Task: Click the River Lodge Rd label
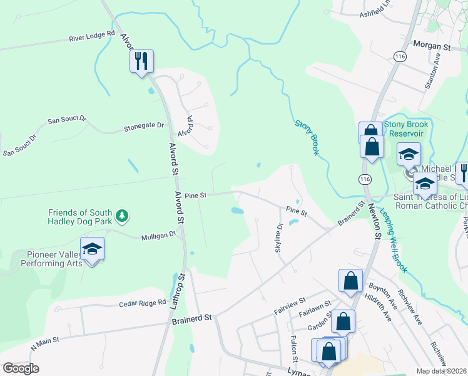[x=92, y=37]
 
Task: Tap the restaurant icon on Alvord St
[x=142, y=61]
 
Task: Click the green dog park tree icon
[x=123, y=216]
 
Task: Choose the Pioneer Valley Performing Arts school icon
[x=93, y=249]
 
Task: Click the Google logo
[x=21, y=368]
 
